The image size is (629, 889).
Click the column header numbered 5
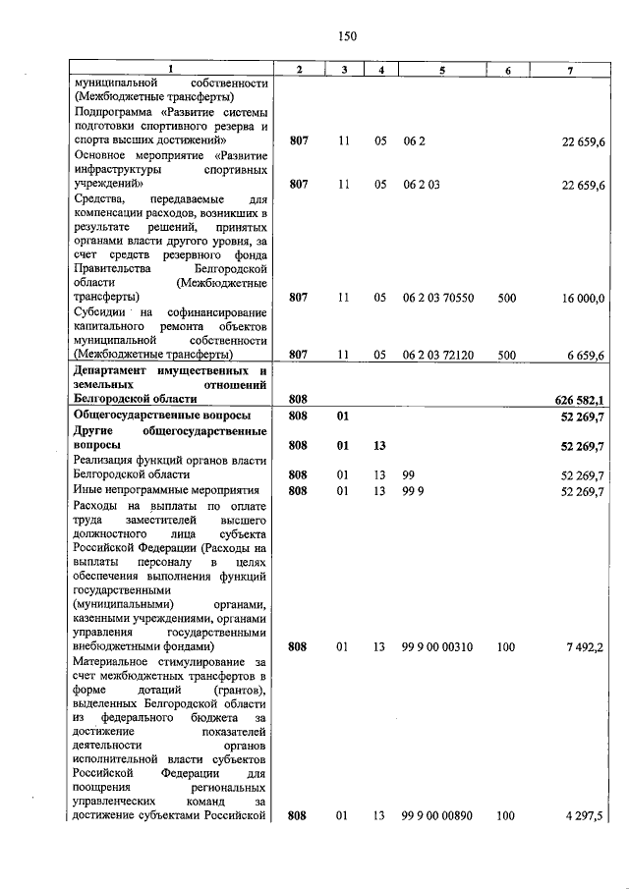pos(442,69)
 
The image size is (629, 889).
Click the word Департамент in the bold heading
pos(115,370)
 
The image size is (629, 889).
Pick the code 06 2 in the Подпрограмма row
pos(413,141)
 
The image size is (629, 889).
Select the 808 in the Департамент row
pos(300,399)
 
